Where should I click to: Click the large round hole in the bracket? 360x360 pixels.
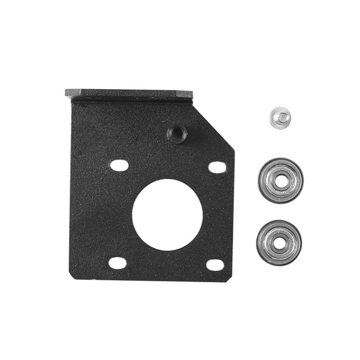tap(168, 215)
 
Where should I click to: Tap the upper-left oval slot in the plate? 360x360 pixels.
tap(119, 165)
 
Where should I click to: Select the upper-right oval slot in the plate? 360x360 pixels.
tap(217, 168)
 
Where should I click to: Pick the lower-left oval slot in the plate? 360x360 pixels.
tap(118, 263)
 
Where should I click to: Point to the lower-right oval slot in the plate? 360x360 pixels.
tap(215, 264)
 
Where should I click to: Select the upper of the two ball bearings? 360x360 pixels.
tap(280, 180)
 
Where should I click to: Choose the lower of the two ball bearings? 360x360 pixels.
tap(279, 242)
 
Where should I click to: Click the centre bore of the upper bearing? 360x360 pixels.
tap(280, 180)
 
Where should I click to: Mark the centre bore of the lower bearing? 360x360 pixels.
tap(279, 242)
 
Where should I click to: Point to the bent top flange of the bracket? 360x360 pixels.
tap(129, 94)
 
